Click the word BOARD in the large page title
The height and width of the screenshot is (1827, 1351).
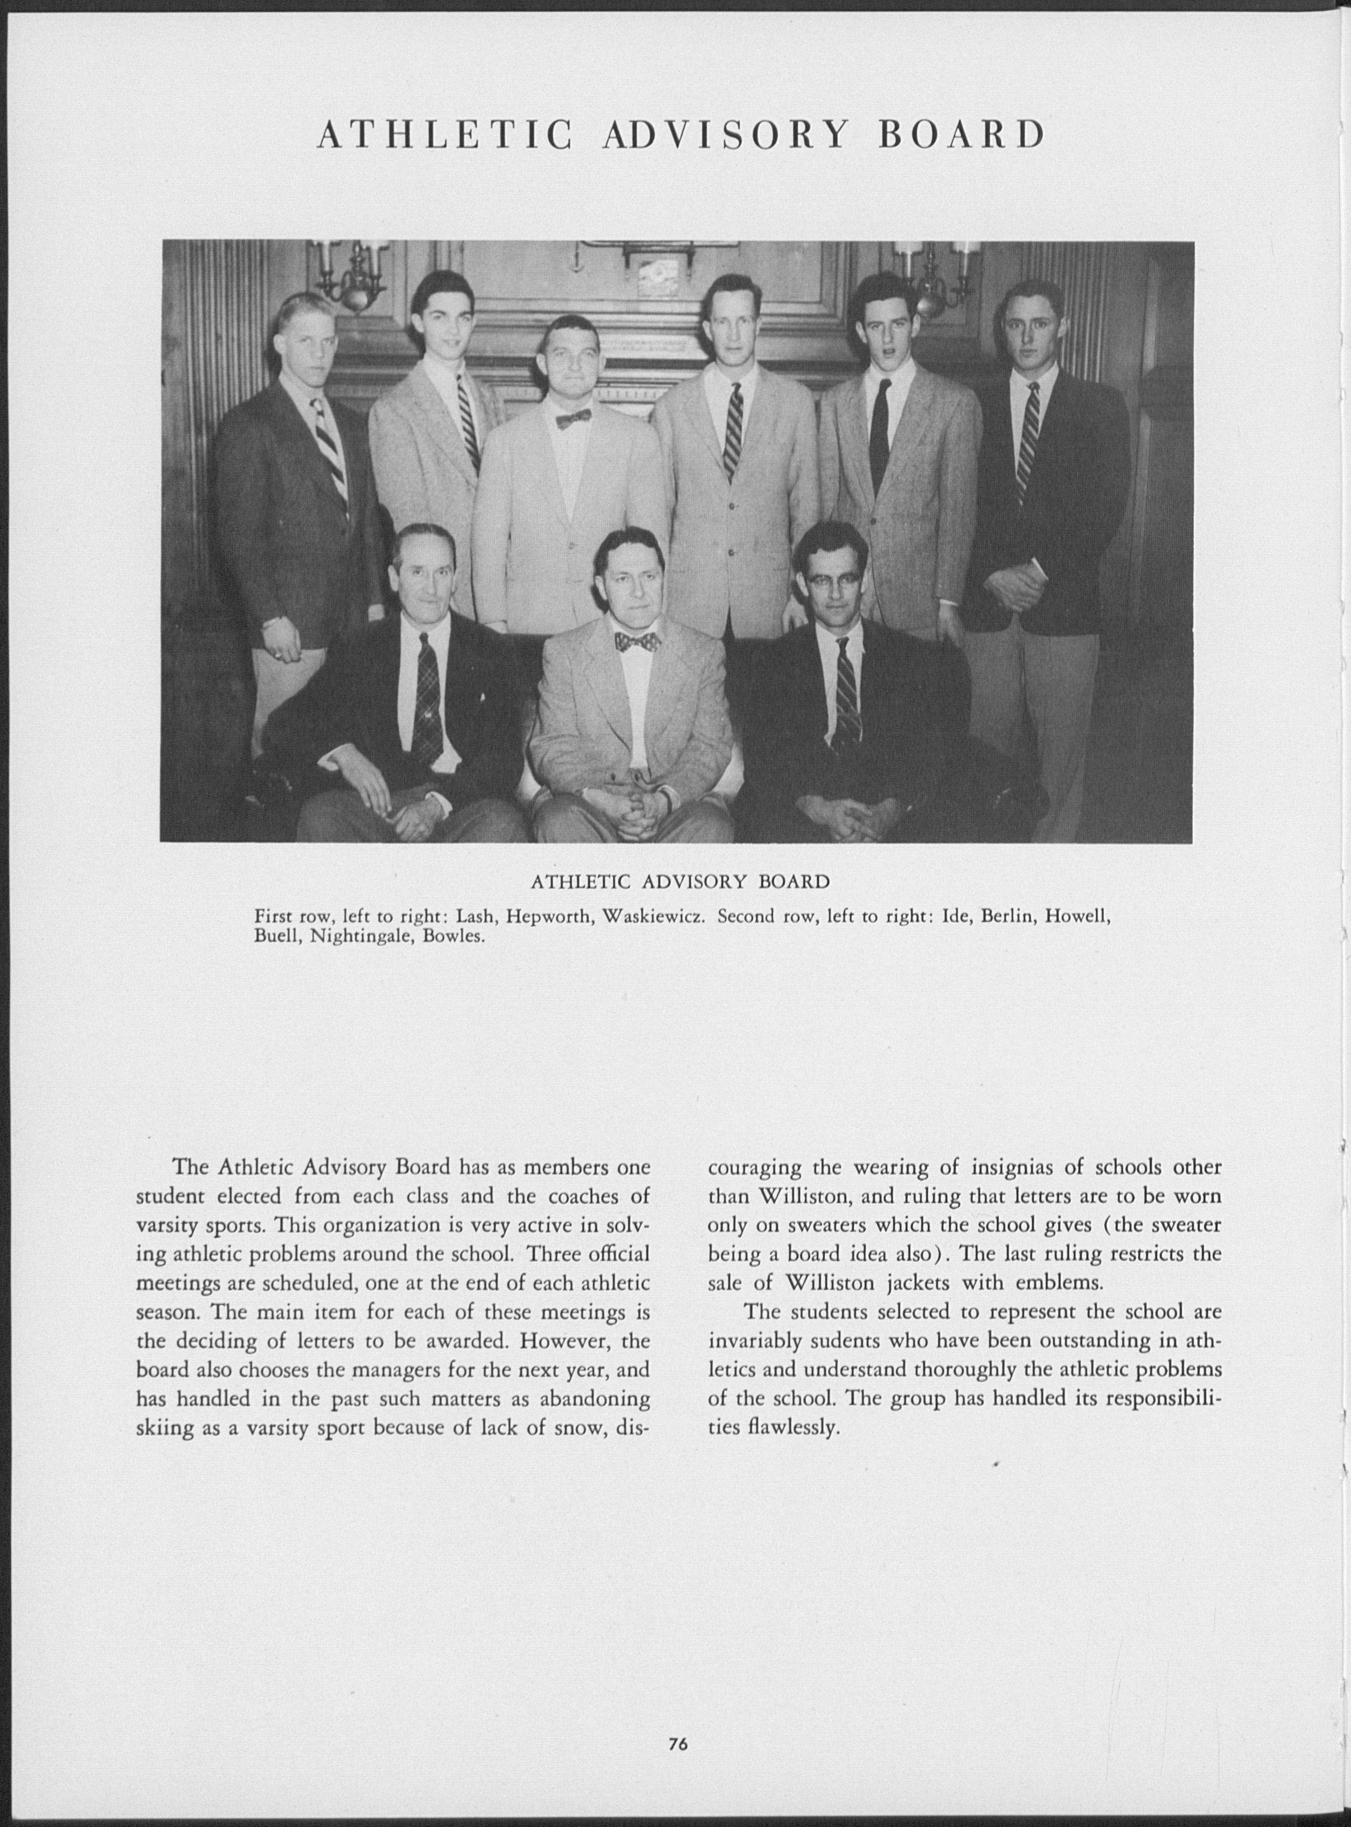pos(962,136)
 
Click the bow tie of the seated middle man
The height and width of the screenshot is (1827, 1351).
pos(638,642)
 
